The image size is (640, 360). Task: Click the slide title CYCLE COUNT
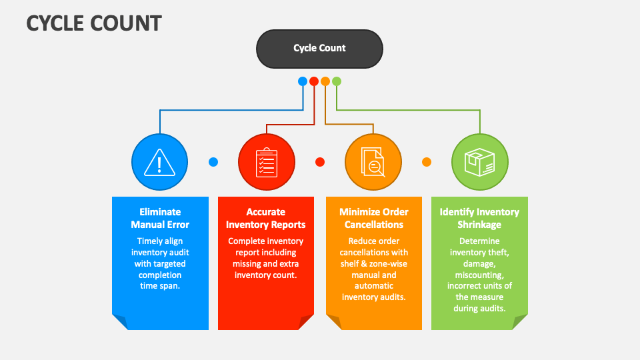[x=94, y=23]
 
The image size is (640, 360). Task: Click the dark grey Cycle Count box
[x=319, y=49]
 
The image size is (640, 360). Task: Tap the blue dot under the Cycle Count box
[x=303, y=81]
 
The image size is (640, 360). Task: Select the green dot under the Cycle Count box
[x=337, y=81]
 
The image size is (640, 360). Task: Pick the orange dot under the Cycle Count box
[x=325, y=81]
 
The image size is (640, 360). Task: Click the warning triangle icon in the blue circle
[x=159, y=162]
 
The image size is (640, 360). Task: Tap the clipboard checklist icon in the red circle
[x=266, y=162]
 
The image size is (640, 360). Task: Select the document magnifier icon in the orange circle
[x=373, y=162]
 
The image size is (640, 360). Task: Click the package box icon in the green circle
[x=479, y=162]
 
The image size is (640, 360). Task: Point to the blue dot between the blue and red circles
[x=213, y=162]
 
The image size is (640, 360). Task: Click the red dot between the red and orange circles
[x=320, y=162]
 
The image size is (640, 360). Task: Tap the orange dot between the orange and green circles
[x=427, y=162]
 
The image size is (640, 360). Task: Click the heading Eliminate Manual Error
[x=160, y=218]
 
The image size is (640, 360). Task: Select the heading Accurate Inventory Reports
[x=266, y=218]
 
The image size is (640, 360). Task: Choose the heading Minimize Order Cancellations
[x=373, y=218]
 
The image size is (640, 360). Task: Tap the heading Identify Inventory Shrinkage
[x=479, y=218]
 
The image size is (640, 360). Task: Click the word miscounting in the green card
[x=479, y=275]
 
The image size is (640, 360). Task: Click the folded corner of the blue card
[x=121, y=321]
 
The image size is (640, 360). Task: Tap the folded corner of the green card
[x=519, y=321]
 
